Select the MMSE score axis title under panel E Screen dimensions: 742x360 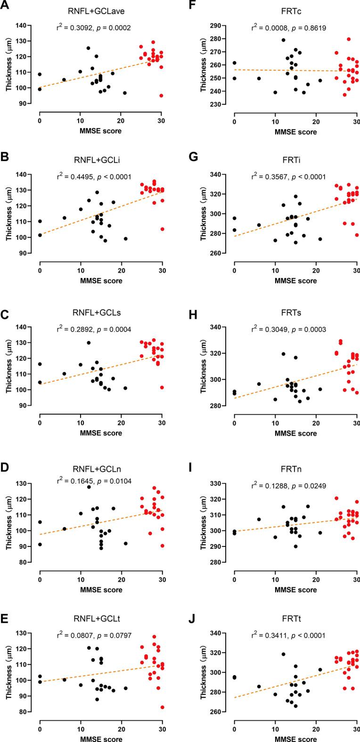(x=100, y=738)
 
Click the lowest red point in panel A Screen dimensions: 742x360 (x=161, y=96)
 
